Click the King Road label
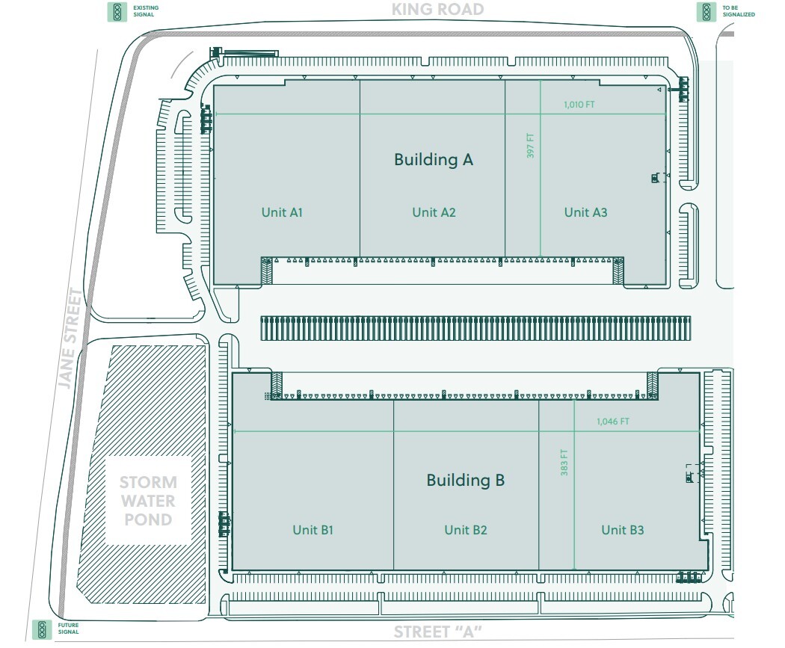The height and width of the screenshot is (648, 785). (x=437, y=10)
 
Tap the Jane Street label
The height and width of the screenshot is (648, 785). (x=70, y=338)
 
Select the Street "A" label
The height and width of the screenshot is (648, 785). (x=437, y=632)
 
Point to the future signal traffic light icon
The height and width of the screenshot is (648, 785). (x=43, y=629)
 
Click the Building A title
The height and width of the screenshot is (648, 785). (x=434, y=159)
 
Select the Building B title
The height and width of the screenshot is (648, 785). (x=465, y=480)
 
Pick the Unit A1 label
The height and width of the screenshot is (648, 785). (x=282, y=212)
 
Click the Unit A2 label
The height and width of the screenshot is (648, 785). (x=434, y=212)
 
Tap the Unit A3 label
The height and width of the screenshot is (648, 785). (x=585, y=212)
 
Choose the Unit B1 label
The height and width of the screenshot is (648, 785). (x=313, y=530)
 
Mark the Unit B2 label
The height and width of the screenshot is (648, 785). (x=466, y=530)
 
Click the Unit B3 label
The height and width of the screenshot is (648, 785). (x=623, y=530)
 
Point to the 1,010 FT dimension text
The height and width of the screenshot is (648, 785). (x=579, y=105)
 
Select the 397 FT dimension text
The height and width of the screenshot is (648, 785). (x=531, y=146)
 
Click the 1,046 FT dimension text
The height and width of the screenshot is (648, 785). (x=613, y=422)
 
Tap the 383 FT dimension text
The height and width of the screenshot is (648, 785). (x=564, y=463)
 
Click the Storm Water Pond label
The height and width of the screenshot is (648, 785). (x=148, y=501)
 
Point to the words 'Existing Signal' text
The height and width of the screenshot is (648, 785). (x=146, y=11)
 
